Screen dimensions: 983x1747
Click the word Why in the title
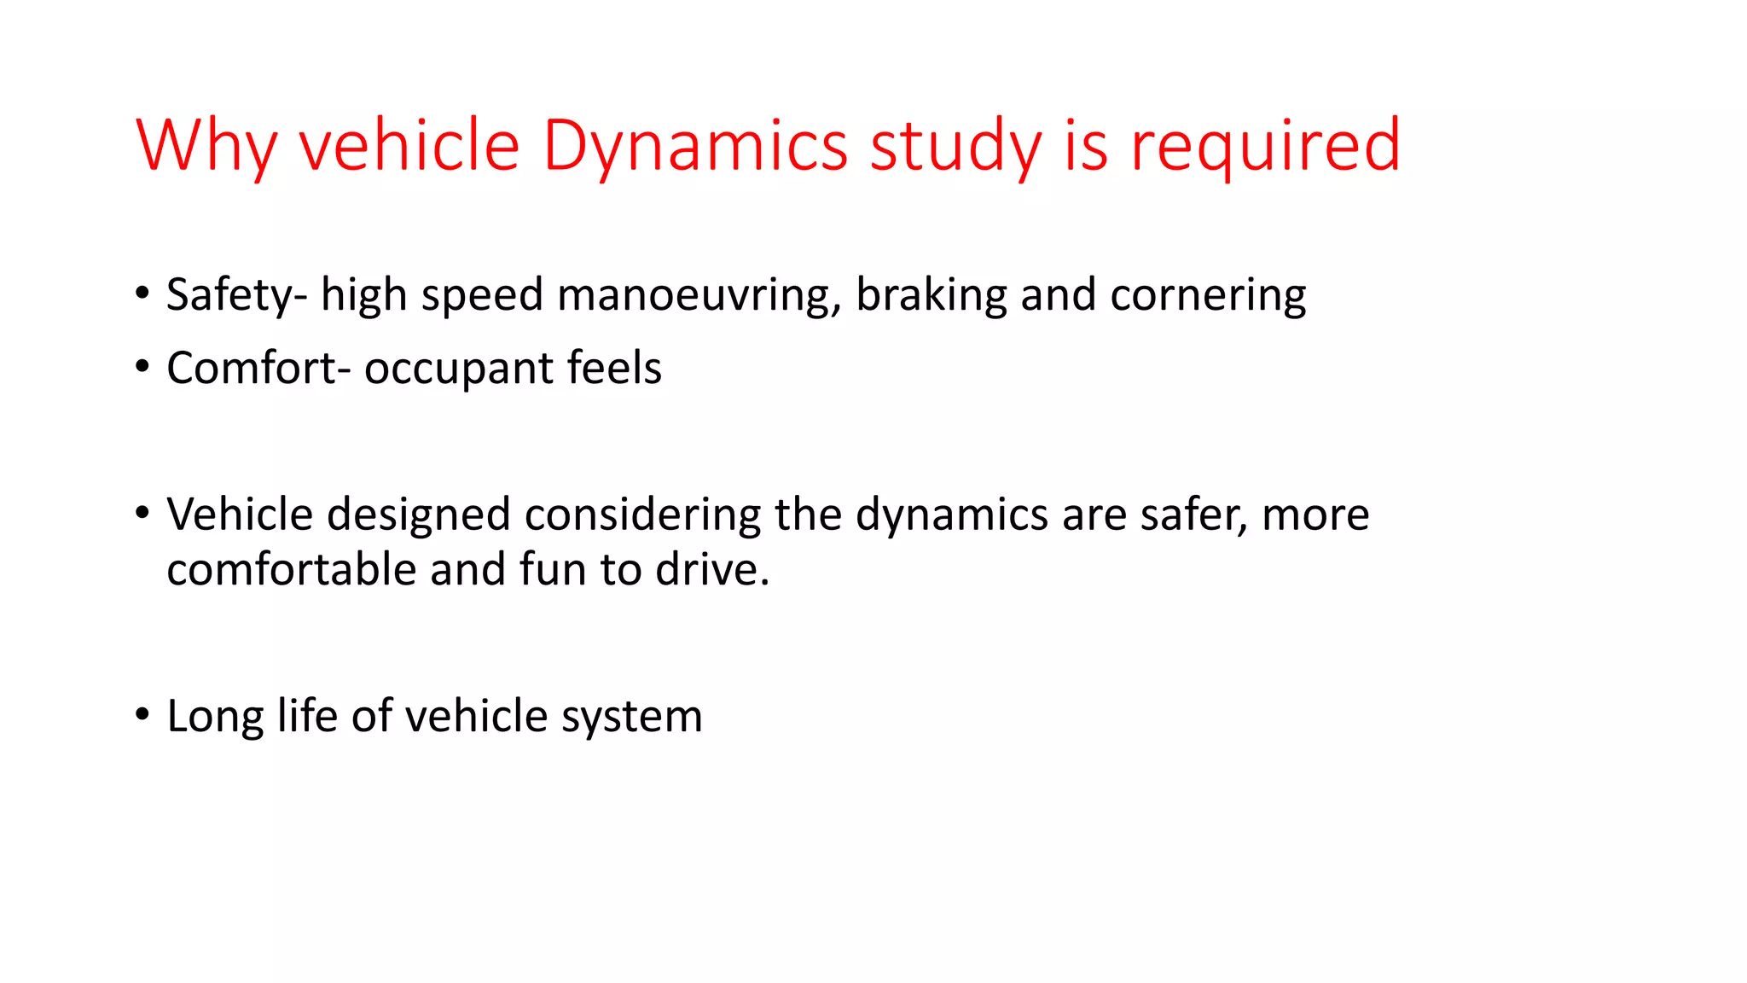[x=206, y=146]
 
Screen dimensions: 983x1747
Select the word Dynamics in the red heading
[x=694, y=146]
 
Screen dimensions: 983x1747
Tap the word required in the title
[x=1265, y=146]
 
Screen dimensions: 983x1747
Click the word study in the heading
[x=955, y=146]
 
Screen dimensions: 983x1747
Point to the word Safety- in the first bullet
[x=236, y=295]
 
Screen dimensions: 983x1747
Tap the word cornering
[x=1208, y=295]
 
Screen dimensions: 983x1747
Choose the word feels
[x=614, y=369]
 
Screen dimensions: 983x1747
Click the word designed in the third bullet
[x=419, y=515]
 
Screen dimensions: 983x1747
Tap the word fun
[x=552, y=570]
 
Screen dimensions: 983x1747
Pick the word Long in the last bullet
[x=215, y=717]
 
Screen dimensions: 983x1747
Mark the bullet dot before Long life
[x=142, y=713]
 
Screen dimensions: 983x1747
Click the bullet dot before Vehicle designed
[x=142, y=512]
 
